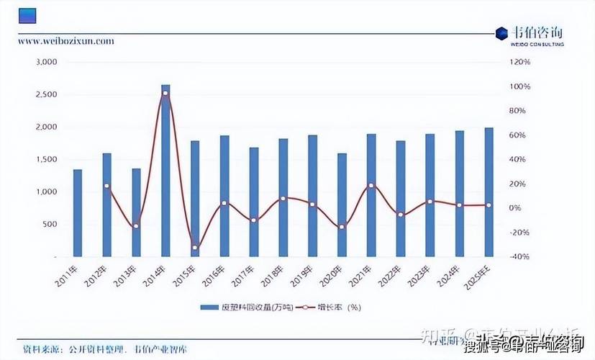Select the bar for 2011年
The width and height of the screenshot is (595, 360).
(x=78, y=212)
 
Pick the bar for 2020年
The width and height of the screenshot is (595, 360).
(x=342, y=204)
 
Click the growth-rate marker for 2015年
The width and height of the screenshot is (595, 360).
(x=195, y=248)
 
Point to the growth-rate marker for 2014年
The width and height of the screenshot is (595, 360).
(x=165, y=94)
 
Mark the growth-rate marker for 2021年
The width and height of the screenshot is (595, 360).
(x=371, y=186)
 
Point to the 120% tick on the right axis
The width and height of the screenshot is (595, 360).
(x=519, y=62)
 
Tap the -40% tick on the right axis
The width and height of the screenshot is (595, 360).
(x=519, y=256)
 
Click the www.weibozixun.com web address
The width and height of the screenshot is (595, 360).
(x=66, y=41)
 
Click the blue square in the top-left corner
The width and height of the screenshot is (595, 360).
(x=28, y=16)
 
